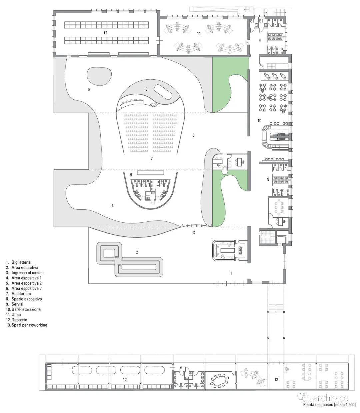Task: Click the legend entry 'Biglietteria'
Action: coord(21,262)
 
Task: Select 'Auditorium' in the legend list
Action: coord(21,294)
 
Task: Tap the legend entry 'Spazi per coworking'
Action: coord(29,325)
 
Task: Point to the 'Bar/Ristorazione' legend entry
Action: coord(26,309)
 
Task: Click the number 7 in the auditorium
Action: coord(152,159)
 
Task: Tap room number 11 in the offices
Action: coord(199,33)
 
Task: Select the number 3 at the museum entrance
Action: coord(194,232)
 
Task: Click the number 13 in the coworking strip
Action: coord(276,380)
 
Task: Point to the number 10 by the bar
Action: coord(259,120)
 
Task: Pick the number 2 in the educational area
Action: coord(137,252)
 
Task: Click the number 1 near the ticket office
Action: coord(231,273)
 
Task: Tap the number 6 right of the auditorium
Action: coord(193,135)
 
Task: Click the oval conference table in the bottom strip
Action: coord(219,380)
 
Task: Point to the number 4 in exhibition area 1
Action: coord(112,205)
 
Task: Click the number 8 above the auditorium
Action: coord(146,89)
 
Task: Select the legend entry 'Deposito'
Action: coord(19,320)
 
